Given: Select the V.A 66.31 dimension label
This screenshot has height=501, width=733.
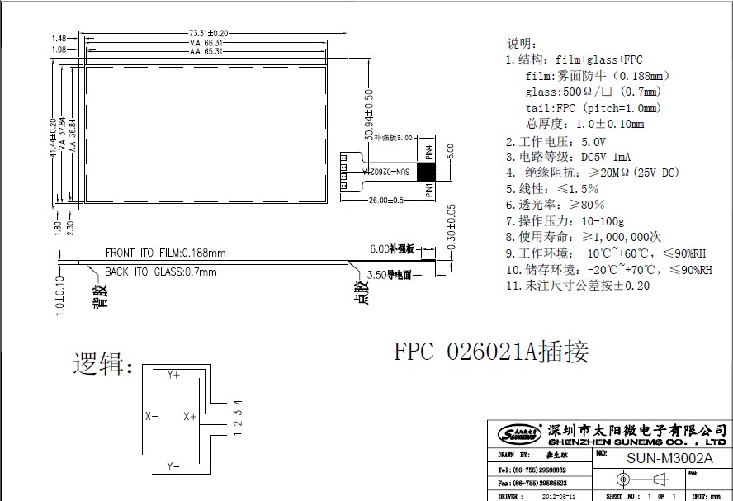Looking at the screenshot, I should pyautogui.click(x=206, y=41).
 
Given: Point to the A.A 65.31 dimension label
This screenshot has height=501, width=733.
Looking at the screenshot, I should pyautogui.click(x=206, y=50).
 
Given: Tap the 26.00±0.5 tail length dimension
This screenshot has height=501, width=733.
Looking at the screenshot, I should pyautogui.click(x=386, y=201).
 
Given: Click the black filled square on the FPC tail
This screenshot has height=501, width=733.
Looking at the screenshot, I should pyautogui.click(x=427, y=172).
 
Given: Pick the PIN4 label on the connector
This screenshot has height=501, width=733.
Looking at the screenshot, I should pyautogui.click(x=428, y=154).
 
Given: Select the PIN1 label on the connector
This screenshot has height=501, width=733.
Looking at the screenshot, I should pyautogui.click(x=428, y=190).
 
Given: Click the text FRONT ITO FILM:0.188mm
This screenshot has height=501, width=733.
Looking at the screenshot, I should pyautogui.click(x=165, y=253).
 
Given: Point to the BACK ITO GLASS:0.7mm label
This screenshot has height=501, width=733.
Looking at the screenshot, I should pyautogui.click(x=160, y=272).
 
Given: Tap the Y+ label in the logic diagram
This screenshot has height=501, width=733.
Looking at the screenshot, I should pyautogui.click(x=173, y=375).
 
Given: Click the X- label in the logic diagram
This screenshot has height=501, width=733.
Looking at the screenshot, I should pyautogui.click(x=151, y=417).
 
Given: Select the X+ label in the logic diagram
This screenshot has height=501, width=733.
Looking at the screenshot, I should pyautogui.click(x=190, y=417).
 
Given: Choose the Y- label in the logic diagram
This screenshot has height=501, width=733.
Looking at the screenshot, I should pyautogui.click(x=173, y=467).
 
